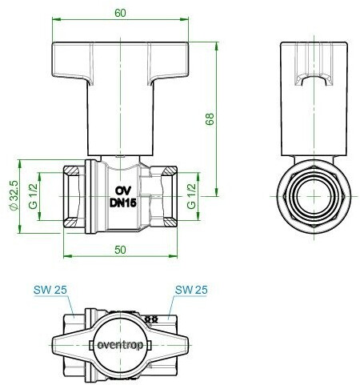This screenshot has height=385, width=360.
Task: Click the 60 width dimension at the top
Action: pos(120,13)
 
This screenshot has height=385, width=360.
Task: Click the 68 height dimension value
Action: pos(210,119)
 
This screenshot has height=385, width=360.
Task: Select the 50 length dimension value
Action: pos(120,250)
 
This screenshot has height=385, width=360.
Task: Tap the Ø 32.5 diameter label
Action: pos(14,195)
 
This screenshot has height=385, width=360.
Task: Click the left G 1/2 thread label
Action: pos(33,197)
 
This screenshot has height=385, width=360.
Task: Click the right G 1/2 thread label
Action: pos(191,196)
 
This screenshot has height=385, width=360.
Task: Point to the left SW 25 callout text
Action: pos(50,290)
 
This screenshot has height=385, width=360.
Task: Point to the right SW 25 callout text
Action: pos(191,290)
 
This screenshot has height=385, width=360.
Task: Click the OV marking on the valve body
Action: pos(123,190)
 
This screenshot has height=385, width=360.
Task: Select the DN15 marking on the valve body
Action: pos(123,203)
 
